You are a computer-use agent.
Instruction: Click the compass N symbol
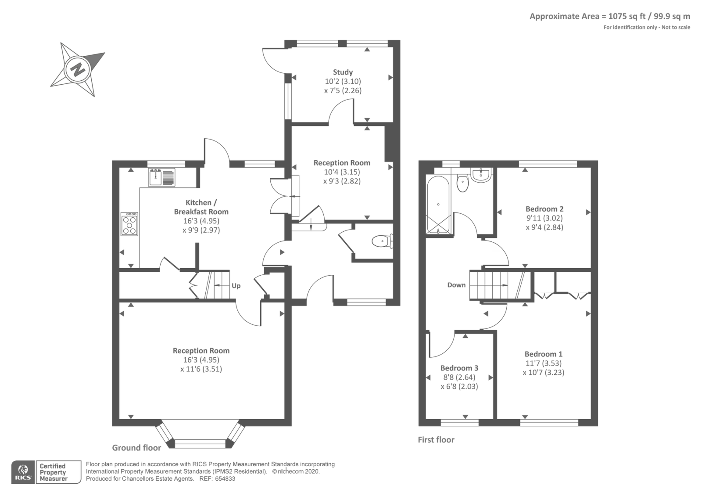pos(78,69)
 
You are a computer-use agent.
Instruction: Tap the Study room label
pos(343,72)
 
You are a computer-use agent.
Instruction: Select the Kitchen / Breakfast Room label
pos(201,207)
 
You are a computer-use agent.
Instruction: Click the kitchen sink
pos(162,177)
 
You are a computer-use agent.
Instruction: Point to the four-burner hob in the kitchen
pos(129,224)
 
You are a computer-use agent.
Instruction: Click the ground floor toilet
pos(383,241)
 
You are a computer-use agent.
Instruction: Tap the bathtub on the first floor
pos(438,205)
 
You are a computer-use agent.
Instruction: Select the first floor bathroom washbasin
pos(481,175)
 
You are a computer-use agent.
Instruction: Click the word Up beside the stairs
pos(236,286)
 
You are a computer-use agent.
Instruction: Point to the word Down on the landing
pos(456,285)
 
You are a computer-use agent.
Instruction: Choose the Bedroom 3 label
pos(459,368)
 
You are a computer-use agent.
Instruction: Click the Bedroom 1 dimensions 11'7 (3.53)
pos(544,363)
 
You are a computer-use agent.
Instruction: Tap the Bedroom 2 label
pos(544,209)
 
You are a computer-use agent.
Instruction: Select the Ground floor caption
pos(136,448)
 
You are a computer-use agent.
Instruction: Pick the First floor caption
pos(436,439)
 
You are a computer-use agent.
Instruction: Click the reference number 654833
pos(225,479)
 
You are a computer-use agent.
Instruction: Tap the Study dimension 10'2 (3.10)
pos(343,82)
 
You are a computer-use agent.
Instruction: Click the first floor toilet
pos(462,183)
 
